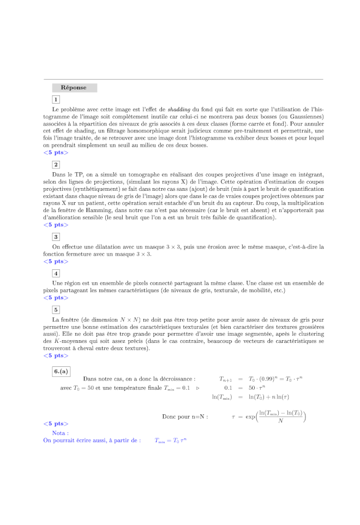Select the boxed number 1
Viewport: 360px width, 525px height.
click(x=56, y=99)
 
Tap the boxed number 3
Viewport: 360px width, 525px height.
click(x=56, y=237)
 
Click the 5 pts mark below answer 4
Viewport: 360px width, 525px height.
click(x=56, y=298)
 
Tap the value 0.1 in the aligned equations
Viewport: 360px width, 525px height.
click(x=228, y=388)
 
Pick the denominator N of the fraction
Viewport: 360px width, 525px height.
click(x=280, y=421)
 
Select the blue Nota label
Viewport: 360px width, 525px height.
click(x=60, y=432)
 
